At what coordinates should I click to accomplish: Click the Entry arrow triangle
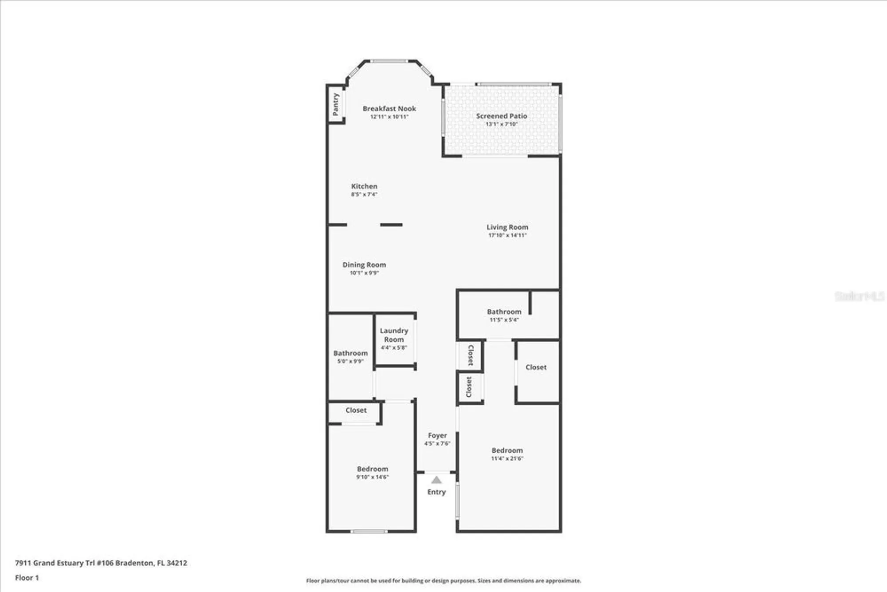(x=436, y=480)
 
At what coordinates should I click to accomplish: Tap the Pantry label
(x=336, y=104)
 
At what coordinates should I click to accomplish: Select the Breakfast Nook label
(x=389, y=108)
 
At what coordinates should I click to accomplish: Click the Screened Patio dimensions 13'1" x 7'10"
(x=502, y=124)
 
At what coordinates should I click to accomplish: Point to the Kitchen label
(x=364, y=186)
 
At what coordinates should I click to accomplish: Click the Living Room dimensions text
(x=507, y=235)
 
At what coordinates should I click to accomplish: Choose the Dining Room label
(x=364, y=264)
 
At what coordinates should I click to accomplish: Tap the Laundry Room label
(x=394, y=335)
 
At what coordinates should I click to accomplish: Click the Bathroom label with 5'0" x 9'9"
(x=350, y=353)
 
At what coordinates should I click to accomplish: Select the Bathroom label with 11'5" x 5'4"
(x=504, y=312)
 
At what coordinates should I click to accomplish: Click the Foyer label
(x=437, y=435)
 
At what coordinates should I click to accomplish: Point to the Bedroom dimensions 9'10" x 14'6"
(x=373, y=477)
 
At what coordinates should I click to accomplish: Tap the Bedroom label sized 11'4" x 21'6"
(x=507, y=450)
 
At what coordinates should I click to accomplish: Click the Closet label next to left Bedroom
(x=356, y=410)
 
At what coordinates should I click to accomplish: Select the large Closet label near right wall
(x=536, y=367)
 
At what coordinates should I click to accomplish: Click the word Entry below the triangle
(x=436, y=492)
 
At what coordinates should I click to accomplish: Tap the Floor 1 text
(x=27, y=577)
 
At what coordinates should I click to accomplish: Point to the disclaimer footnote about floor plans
(x=443, y=580)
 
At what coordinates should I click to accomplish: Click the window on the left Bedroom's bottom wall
(x=369, y=531)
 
